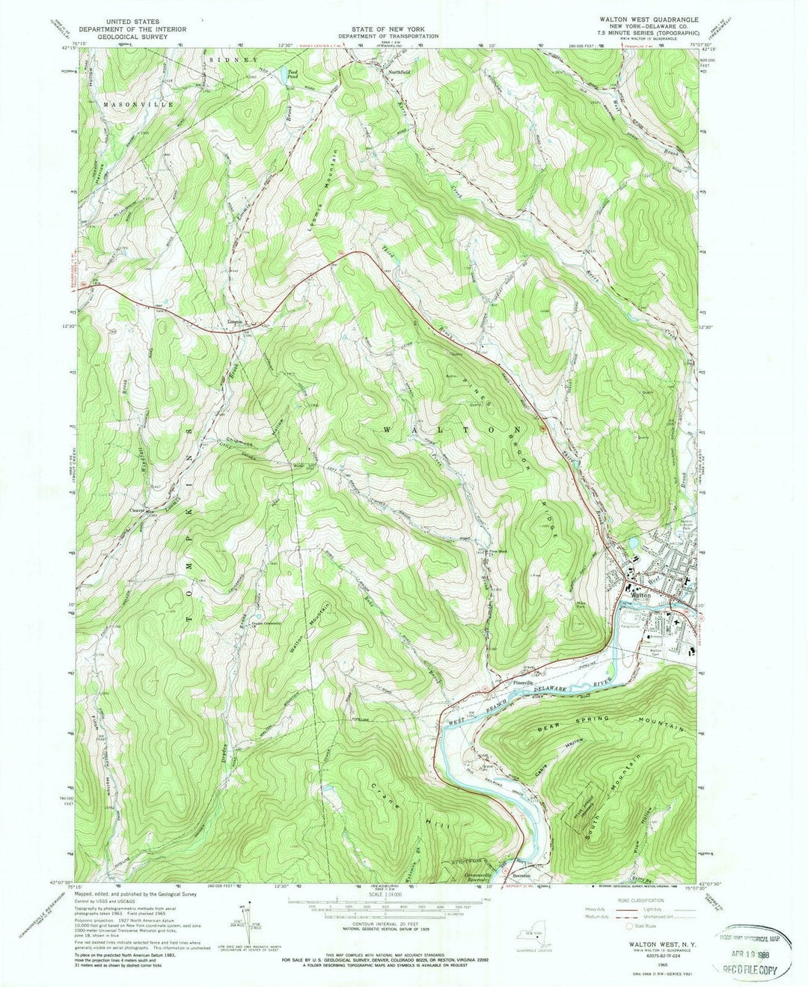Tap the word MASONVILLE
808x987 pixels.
tap(138, 104)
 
